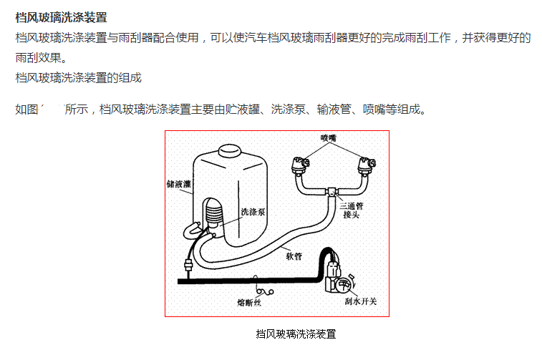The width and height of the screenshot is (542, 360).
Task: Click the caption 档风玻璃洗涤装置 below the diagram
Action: click(x=296, y=334)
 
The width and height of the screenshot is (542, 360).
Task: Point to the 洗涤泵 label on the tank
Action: click(x=253, y=212)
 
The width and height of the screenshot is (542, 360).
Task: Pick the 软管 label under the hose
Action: click(x=293, y=254)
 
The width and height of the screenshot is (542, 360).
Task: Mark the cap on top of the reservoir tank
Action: click(x=229, y=151)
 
